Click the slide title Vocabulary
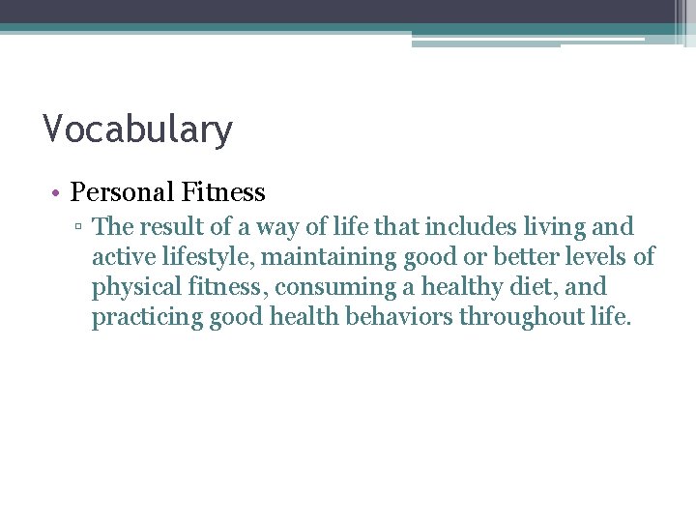[x=137, y=130]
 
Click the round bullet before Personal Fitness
[x=58, y=193]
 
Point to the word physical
[x=133, y=288]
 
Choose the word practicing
[x=147, y=318]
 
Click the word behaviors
[x=396, y=318]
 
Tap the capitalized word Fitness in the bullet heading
[x=223, y=192]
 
